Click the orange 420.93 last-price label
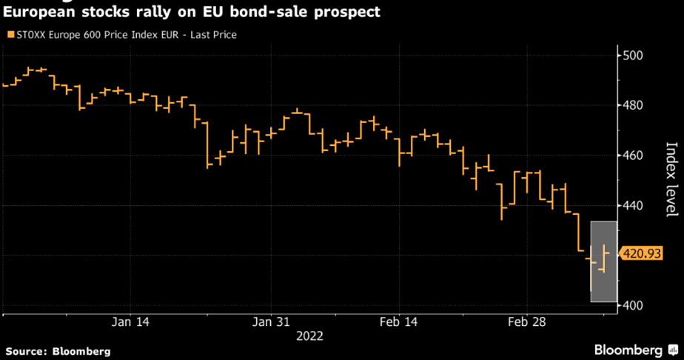coord(640,253)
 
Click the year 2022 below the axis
coord(309,336)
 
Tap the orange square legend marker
coord(10,35)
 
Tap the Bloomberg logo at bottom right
coord(634,349)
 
